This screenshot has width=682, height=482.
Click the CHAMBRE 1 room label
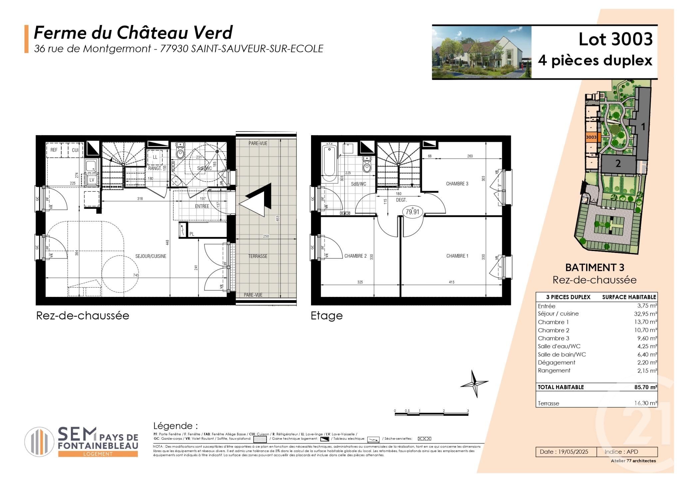[x=457, y=256]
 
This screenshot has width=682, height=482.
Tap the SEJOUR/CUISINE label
[x=151, y=256]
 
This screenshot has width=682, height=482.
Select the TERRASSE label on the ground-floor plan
[x=258, y=256]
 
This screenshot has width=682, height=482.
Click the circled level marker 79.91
[x=412, y=212]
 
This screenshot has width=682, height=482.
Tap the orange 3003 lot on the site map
[x=591, y=137]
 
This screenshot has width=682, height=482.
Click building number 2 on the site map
[x=618, y=164]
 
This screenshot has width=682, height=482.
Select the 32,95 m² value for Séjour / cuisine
[x=645, y=314]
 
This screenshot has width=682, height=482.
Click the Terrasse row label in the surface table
[x=548, y=403]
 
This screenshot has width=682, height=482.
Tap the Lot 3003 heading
[x=615, y=39]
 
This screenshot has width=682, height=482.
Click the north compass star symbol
[x=475, y=383]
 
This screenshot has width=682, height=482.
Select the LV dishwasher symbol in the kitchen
[x=91, y=180]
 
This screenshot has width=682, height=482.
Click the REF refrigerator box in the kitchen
[x=54, y=150]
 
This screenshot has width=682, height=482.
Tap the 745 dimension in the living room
[x=136, y=275]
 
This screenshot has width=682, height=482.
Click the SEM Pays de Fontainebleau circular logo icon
[x=39, y=442]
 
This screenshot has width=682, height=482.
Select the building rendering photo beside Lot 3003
[x=481, y=52]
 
